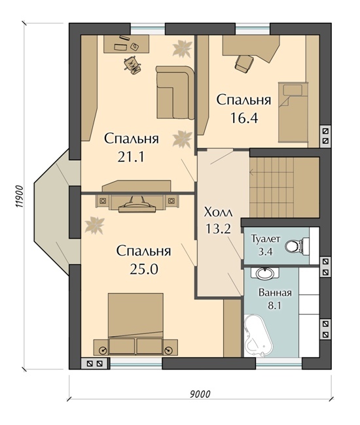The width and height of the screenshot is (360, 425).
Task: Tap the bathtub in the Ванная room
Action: pyautogui.click(x=258, y=335)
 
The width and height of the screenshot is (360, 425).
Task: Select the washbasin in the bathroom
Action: pyautogui.click(x=264, y=273)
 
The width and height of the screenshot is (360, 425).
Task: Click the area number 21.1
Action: pyautogui.click(x=131, y=157)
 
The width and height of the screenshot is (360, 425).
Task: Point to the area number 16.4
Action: pyautogui.click(x=243, y=118)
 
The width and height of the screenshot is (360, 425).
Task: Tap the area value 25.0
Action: pyautogui.click(x=144, y=269)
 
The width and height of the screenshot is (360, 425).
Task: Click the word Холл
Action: pyautogui.click(x=218, y=212)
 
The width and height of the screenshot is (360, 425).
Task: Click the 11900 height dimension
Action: pyautogui.click(x=19, y=196)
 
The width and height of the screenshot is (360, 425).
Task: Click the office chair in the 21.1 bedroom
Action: pyautogui.click(x=132, y=65)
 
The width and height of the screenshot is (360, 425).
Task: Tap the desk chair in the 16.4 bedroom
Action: pyautogui.click(x=244, y=63)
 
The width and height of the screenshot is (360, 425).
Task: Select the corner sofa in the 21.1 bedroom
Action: pyautogui.click(x=175, y=92)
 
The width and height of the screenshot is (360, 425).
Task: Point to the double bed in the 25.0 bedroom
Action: pyautogui.click(x=135, y=324)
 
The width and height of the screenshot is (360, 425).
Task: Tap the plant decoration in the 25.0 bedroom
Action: pyautogui.click(x=94, y=225)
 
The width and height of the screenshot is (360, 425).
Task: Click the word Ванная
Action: pyautogui.click(x=275, y=293)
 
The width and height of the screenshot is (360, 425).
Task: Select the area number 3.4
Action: pyautogui.click(x=265, y=252)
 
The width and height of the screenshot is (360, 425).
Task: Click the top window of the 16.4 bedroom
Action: pyautogui.click(x=253, y=29)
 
